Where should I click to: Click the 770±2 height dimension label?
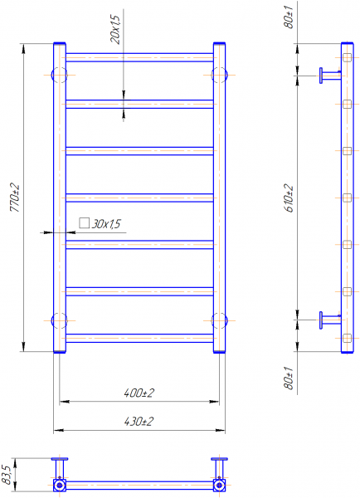(x=15, y=198)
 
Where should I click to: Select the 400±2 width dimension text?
(x=139, y=393)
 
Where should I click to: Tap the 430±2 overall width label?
(x=139, y=422)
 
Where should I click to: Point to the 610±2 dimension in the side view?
(x=289, y=198)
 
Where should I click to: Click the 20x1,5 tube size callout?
(x=115, y=29)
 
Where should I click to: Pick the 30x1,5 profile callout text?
(x=106, y=224)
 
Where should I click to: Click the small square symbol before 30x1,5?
(x=84, y=223)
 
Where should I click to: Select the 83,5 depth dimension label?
(x=7, y=475)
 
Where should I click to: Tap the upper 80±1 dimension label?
(x=289, y=16)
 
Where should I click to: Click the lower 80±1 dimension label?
(x=289, y=378)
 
